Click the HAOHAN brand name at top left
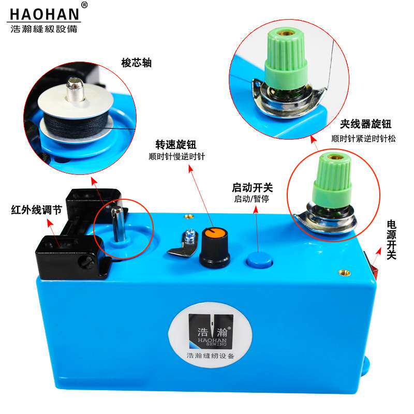(45, 14)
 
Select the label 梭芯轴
(137, 63)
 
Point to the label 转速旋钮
(176, 145)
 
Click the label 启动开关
(252, 187)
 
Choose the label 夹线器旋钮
(365, 124)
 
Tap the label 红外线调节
(36, 210)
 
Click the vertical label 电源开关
(391, 240)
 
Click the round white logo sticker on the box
(210, 335)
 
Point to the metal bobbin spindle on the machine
(117, 224)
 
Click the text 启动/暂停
(252, 199)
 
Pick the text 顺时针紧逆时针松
(364, 138)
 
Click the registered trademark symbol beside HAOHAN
(84, 5)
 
